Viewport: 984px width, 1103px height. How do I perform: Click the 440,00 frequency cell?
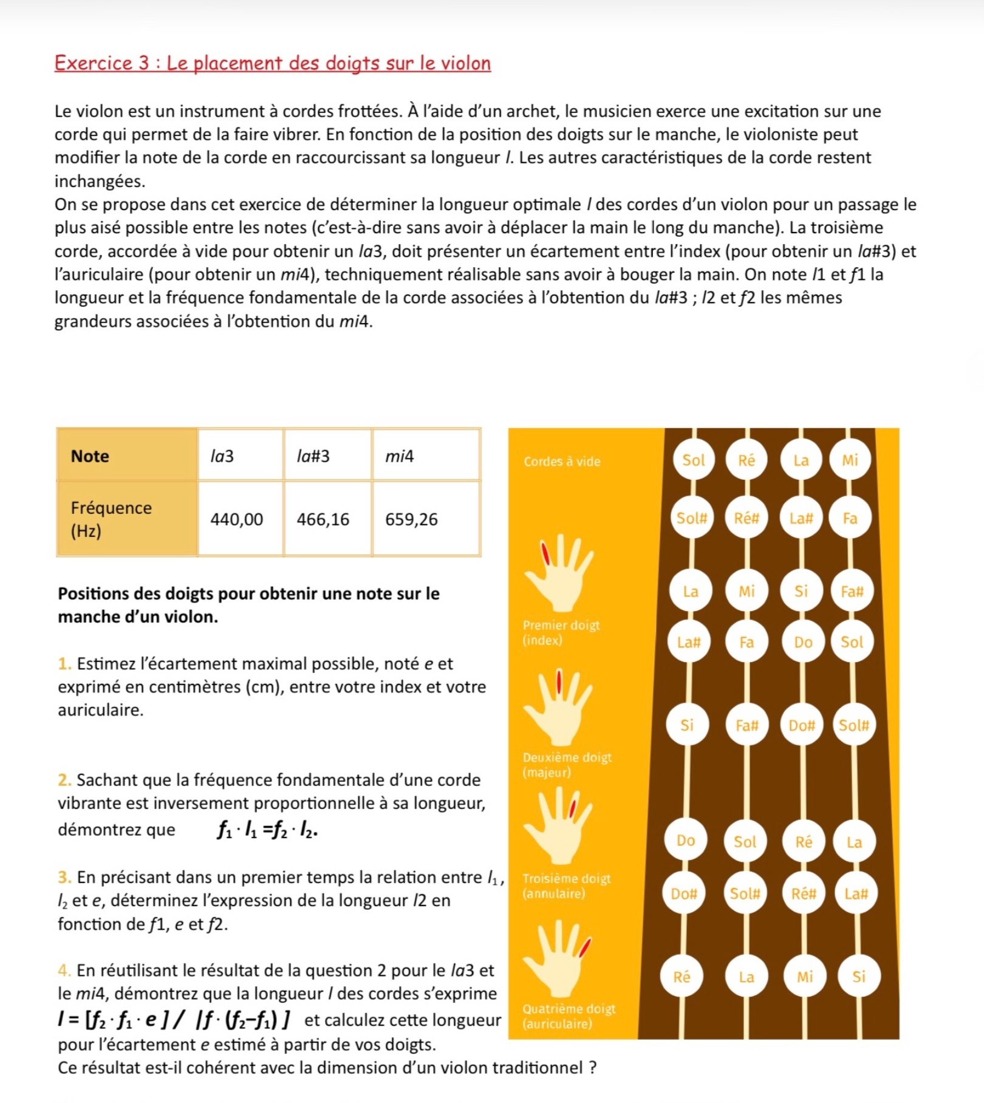(x=237, y=519)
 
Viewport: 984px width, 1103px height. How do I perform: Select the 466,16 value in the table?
(x=323, y=519)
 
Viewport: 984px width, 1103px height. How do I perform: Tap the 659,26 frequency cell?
(x=411, y=519)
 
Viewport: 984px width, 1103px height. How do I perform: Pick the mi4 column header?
(x=400, y=456)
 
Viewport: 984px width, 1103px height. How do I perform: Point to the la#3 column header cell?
(x=313, y=456)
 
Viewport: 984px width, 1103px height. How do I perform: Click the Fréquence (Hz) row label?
(x=111, y=519)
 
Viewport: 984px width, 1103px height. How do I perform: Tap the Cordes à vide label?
(x=562, y=462)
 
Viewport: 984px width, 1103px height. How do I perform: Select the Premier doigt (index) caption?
(x=561, y=632)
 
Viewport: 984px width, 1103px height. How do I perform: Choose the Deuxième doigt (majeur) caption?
(x=567, y=765)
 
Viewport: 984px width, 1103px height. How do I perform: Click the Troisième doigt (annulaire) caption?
(x=566, y=886)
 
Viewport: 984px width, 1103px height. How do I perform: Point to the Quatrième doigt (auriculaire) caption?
(x=569, y=1016)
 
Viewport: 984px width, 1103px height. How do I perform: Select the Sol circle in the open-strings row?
(x=693, y=460)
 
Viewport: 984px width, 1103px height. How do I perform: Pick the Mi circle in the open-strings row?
(x=850, y=460)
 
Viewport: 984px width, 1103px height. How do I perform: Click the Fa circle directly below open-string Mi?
(x=850, y=518)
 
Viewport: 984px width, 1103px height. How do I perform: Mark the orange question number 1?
(x=64, y=664)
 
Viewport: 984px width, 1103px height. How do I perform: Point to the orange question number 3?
(x=64, y=878)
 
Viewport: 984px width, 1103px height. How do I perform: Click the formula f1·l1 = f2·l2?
(x=268, y=830)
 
